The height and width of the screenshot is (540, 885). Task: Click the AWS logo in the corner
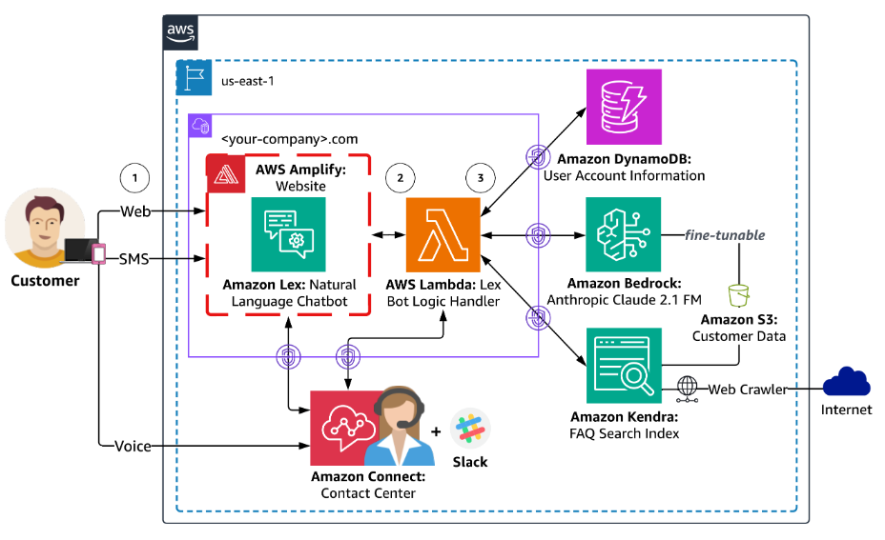(x=180, y=32)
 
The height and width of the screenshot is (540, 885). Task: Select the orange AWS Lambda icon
(x=443, y=234)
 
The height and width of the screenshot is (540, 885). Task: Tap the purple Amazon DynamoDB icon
(x=624, y=107)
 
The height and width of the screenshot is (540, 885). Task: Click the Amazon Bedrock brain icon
(x=623, y=234)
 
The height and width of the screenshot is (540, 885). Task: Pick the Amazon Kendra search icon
(x=624, y=366)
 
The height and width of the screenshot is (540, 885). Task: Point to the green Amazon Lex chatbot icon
(x=288, y=234)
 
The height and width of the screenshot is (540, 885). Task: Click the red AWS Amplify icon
(x=226, y=173)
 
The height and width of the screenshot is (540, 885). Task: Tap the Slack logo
(x=470, y=429)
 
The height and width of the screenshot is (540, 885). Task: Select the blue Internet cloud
(x=846, y=382)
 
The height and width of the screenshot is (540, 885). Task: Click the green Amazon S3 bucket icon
(x=738, y=295)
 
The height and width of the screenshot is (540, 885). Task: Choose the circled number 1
(x=134, y=178)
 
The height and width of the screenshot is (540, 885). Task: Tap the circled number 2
(x=401, y=178)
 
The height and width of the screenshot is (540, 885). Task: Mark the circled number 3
(x=481, y=178)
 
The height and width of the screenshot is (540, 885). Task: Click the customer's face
(x=44, y=223)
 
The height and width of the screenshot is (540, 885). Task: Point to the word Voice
(x=134, y=447)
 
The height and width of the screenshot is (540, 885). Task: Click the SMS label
(x=134, y=259)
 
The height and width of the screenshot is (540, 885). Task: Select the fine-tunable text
(x=726, y=235)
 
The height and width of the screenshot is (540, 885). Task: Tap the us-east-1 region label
(x=248, y=81)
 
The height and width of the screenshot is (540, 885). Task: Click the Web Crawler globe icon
(x=687, y=389)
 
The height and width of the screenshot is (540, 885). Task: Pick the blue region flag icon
(x=194, y=77)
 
